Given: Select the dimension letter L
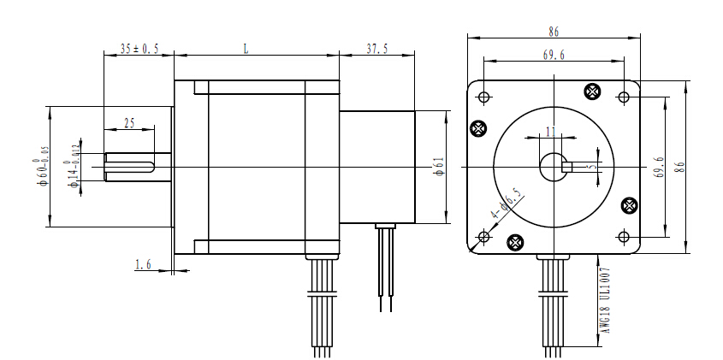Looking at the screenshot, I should (x=246, y=50).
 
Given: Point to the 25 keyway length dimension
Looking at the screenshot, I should (x=129, y=123).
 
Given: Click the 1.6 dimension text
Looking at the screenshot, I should (x=143, y=266).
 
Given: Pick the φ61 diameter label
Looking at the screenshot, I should (x=437, y=166).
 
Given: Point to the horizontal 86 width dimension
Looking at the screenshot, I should (x=554, y=32).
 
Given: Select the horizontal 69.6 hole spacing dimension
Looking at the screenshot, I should (x=554, y=55).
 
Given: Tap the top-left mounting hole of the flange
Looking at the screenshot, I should (x=484, y=96).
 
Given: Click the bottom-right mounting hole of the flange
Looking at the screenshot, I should (x=624, y=236).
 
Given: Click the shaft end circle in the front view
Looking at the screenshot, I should (x=554, y=166).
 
